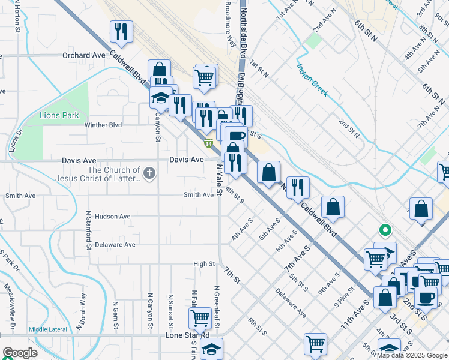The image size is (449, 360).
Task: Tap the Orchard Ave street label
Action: click(83, 55)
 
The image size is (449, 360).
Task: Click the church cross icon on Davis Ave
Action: click(149, 174)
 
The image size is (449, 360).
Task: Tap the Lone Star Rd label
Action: click(187, 335)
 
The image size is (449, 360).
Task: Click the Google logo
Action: click(20, 353)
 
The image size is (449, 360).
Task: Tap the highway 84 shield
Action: click(208, 143)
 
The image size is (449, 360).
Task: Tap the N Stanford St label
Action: click(88, 229)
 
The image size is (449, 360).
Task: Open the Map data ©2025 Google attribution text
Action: click(411, 355)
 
